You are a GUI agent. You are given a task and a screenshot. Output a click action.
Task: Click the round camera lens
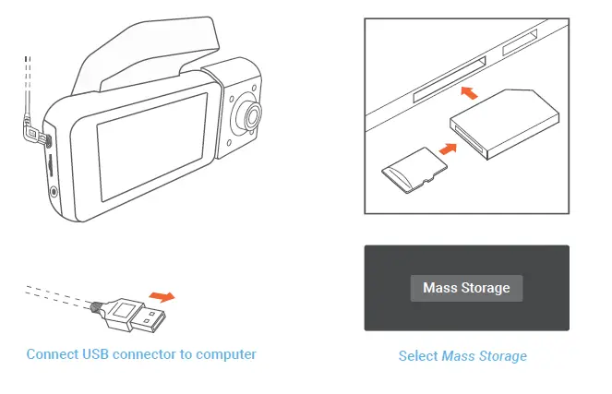pyautogui.click(x=250, y=114)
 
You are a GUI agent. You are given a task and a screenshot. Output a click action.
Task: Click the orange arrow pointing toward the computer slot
pyautogui.click(x=470, y=92)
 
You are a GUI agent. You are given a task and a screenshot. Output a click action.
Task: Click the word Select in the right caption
pyautogui.click(x=418, y=355)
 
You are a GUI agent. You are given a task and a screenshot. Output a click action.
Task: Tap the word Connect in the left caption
pyautogui.click(x=52, y=354)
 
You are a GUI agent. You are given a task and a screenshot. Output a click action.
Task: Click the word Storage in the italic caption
pyautogui.click(x=503, y=355)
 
